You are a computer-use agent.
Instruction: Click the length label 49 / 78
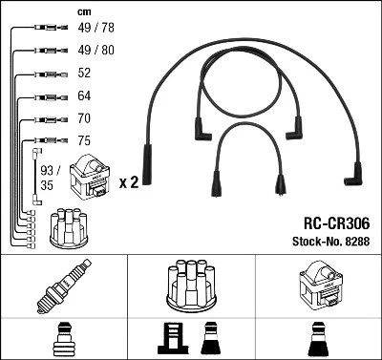[95, 30]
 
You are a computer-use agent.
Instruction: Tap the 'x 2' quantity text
[129, 180]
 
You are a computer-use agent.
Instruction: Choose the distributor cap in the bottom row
[191, 286]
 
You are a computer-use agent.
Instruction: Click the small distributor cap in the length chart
[72, 227]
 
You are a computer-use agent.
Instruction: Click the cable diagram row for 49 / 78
[38, 30]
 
